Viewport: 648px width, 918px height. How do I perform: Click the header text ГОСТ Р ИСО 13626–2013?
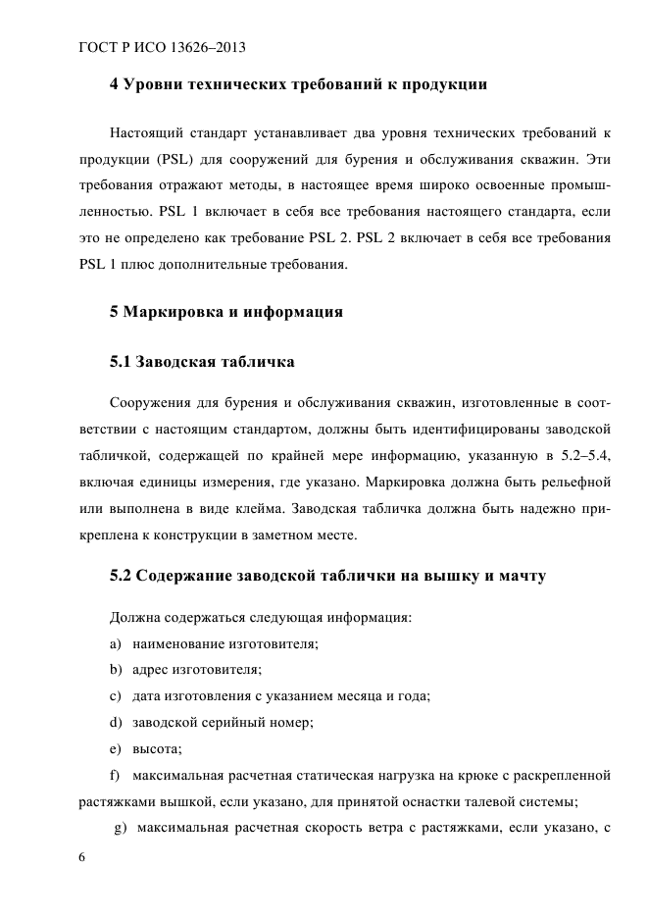(x=161, y=47)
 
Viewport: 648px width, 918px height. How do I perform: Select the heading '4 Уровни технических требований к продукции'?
(x=298, y=84)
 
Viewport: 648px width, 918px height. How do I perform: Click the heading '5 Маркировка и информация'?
(x=225, y=312)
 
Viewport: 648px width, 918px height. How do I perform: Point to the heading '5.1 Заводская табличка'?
(x=202, y=362)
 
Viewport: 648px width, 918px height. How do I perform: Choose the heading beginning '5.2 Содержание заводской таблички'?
(x=327, y=575)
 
